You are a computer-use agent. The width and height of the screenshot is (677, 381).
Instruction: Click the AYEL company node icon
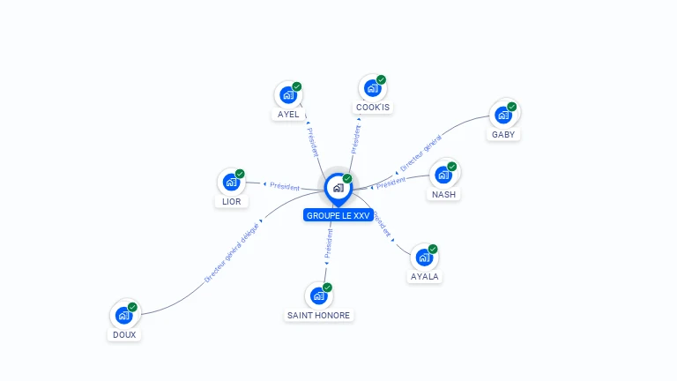[x=287, y=94]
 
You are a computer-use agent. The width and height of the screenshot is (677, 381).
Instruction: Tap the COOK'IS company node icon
[x=372, y=88]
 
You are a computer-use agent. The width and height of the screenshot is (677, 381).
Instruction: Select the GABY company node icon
[x=502, y=115]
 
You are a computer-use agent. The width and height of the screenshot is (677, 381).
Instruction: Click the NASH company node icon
[x=443, y=174]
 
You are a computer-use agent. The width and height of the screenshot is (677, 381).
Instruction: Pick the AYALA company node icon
[x=424, y=258]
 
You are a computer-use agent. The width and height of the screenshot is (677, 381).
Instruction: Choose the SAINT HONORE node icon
[x=318, y=296]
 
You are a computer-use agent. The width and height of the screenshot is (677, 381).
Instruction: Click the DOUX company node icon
[x=123, y=315]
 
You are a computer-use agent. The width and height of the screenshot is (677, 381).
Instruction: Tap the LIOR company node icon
[x=231, y=183]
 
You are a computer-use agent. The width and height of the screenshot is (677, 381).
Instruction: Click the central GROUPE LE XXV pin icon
[x=338, y=188]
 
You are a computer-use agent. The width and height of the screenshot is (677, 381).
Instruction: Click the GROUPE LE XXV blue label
[x=338, y=215]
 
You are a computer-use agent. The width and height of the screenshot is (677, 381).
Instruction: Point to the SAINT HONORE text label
[x=318, y=315]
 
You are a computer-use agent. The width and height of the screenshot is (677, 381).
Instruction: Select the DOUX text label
[x=124, y=334]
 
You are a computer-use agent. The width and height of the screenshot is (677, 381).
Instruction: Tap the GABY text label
[x=503, y=135]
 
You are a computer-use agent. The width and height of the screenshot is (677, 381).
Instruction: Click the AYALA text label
[x=425, y=276]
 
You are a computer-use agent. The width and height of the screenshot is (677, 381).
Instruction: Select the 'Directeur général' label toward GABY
[x=420, y=153]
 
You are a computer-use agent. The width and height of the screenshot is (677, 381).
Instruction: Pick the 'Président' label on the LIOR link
[x=285, y=186]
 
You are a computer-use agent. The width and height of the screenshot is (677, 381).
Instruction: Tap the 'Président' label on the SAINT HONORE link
[x=328, y=243]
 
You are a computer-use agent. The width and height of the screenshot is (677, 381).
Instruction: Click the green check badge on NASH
[x=452, y=166]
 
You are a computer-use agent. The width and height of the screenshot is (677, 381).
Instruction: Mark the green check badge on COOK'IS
[x=381, y=80]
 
